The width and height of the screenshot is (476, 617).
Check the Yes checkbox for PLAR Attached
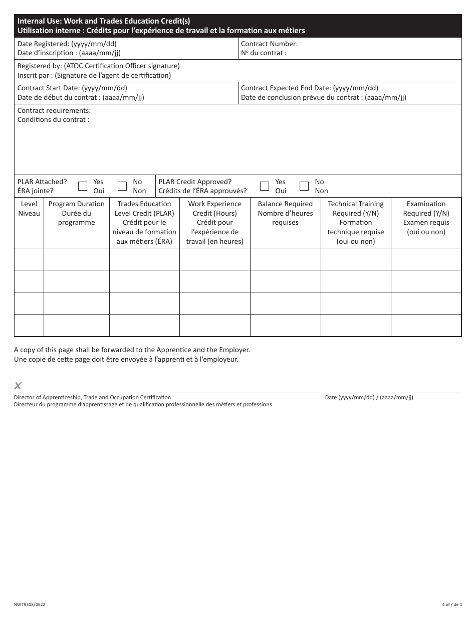click(x=83, y=186)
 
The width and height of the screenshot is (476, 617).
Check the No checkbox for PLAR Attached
click(x=122, y=186)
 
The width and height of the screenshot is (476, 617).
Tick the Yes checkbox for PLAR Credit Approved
click(x=265, y=186)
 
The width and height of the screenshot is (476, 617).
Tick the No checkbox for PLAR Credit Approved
click(x=304, y=186)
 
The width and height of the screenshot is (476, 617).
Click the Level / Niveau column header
click(x=29, y=209)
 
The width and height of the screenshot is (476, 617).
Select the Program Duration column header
click(x=77, y=213)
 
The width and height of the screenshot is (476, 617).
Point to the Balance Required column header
click(x=285, y=213)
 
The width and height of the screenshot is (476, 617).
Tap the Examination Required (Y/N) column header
click(x=426, y=218)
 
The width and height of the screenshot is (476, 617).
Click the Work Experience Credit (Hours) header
click(x=215, y=222)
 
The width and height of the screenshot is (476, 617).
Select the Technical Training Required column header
click(x=356, y=222)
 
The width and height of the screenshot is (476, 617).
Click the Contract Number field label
click(x=270, y=44)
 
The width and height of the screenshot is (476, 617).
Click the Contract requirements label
click(x=54, y=111)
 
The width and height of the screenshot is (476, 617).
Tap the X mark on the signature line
click(x=18, y=386)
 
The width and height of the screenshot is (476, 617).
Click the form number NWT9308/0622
click(x=33, y=604)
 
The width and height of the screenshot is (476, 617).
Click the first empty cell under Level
click(x=29, y=259)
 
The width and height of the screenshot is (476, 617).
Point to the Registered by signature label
click(x=98, y=66)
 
